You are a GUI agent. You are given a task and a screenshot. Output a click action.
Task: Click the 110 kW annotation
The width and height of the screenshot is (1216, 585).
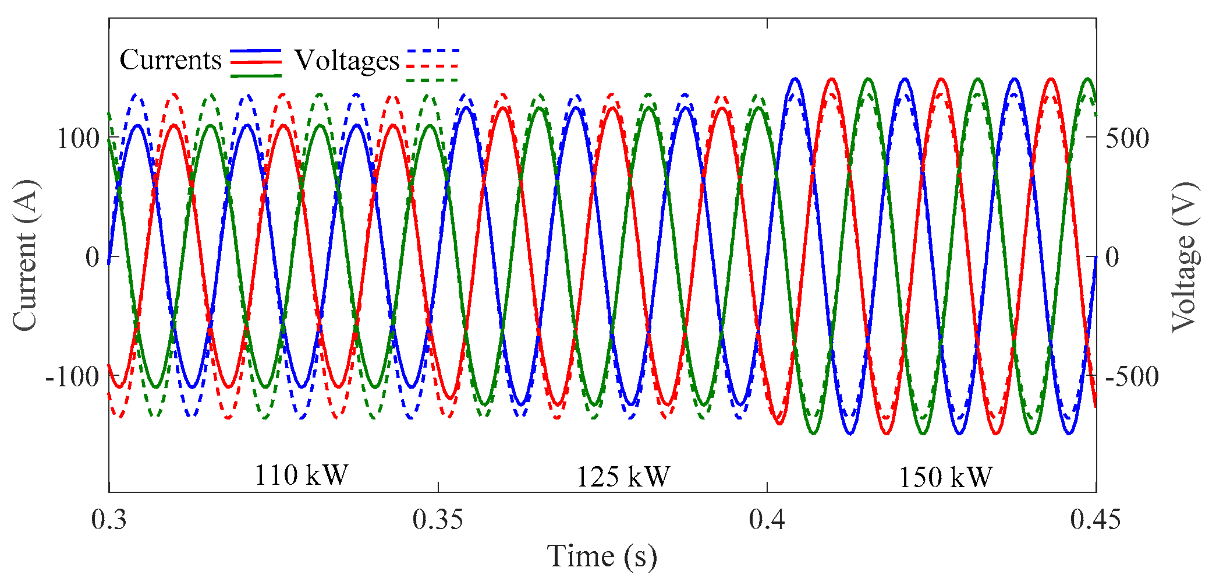(x=301, y=475)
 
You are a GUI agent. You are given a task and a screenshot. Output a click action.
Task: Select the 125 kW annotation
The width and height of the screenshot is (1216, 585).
(x=623, y=477)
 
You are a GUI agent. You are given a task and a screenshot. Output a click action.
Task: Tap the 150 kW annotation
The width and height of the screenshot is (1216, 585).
(x=945, y=478)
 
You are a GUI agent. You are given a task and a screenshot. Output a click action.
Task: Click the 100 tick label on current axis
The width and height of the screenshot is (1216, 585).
(x=77, y=139)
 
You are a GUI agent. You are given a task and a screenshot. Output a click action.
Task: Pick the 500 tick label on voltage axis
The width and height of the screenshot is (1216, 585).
(x=1128, y=139)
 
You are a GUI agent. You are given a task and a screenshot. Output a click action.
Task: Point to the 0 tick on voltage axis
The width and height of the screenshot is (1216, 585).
(x=1112, y=257)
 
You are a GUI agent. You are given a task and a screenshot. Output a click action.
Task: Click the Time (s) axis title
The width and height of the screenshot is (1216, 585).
(x=602, y=556)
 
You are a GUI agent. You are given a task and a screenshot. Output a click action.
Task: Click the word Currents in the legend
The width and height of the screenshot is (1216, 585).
(x=171, y=60)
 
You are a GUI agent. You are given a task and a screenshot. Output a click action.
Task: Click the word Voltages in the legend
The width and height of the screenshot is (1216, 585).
(x=347, y=61)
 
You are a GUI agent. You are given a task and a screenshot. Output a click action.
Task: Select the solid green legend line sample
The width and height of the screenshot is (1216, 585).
(x=256, y=76)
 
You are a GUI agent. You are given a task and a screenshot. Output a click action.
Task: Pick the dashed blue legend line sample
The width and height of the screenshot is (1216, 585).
(x=433, y=51)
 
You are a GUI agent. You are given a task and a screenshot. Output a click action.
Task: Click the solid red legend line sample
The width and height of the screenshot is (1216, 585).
(x=256, y=62)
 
